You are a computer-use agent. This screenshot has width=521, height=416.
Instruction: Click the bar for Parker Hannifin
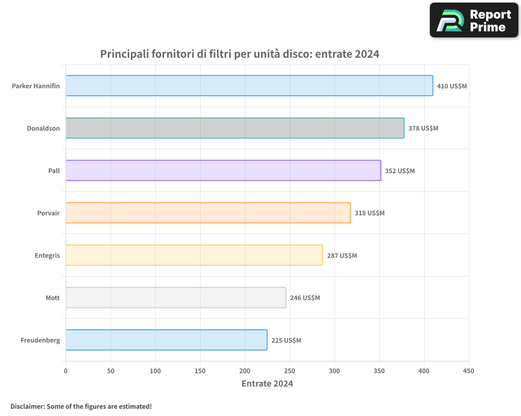249,86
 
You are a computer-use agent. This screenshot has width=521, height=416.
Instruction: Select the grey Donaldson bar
235,128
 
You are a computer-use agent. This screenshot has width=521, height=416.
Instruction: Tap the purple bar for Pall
223,171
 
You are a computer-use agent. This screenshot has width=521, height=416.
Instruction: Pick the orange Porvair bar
208,213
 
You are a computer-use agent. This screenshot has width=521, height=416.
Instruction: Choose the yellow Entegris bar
194,255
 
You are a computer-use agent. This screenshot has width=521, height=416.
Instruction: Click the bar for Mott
176,297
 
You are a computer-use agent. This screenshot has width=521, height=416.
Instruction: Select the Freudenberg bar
166,340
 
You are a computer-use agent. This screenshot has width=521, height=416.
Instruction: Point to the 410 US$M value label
452,86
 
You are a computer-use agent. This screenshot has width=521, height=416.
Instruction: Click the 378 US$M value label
423,128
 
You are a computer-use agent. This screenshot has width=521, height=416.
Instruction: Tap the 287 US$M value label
342,255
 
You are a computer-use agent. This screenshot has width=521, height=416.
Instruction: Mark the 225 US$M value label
286,340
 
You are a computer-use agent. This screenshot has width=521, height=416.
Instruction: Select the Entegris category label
47,255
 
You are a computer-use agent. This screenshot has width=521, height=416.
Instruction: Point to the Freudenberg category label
40,340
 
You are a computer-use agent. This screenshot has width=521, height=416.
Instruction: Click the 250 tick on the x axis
290,371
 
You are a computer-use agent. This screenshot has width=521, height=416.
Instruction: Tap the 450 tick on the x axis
469,371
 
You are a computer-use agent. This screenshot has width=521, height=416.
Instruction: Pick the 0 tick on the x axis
66,371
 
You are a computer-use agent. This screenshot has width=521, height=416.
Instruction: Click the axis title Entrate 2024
267,384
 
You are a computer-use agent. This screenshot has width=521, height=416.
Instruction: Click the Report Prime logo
474,20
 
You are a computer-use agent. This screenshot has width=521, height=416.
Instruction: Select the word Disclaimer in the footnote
27,406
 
